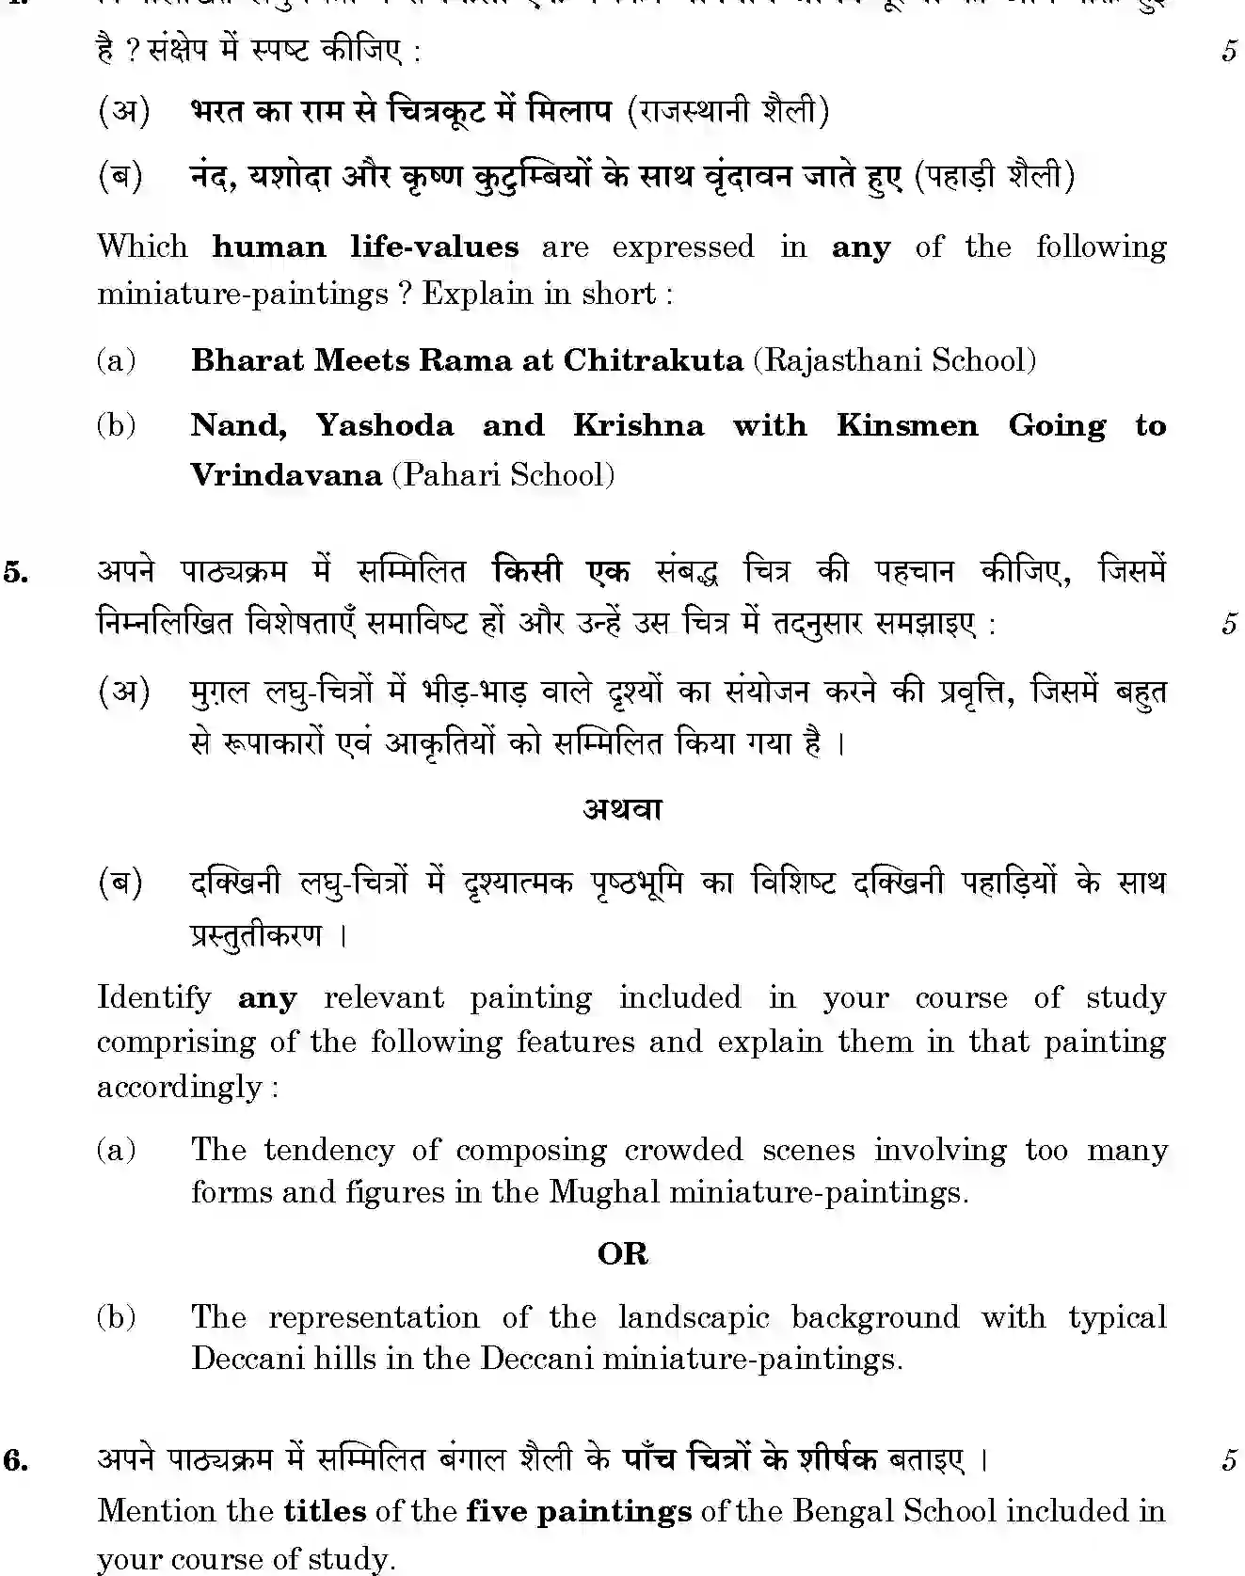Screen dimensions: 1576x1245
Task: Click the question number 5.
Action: [15, 572]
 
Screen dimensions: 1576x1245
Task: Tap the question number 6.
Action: [15, 1460]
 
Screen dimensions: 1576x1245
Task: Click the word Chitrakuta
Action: [652, 360]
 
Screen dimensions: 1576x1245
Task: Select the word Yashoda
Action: [384, 426]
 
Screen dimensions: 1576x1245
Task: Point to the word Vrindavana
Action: [285, 474]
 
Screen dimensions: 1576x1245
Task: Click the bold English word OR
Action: [622, 1254]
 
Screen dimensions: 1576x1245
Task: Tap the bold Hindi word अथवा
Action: [622, 810]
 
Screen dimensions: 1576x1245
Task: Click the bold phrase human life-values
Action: [365, 247]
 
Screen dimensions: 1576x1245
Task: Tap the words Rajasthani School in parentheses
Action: [894, 360]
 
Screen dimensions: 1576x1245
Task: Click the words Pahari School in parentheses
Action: [503, 474]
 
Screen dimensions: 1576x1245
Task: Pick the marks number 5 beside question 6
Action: [1228, 1460]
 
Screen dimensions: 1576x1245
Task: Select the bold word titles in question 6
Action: [325, 1511]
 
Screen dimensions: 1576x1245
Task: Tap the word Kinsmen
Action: [906, 426]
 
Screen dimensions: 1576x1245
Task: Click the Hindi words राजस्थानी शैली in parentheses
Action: [727, 112]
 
